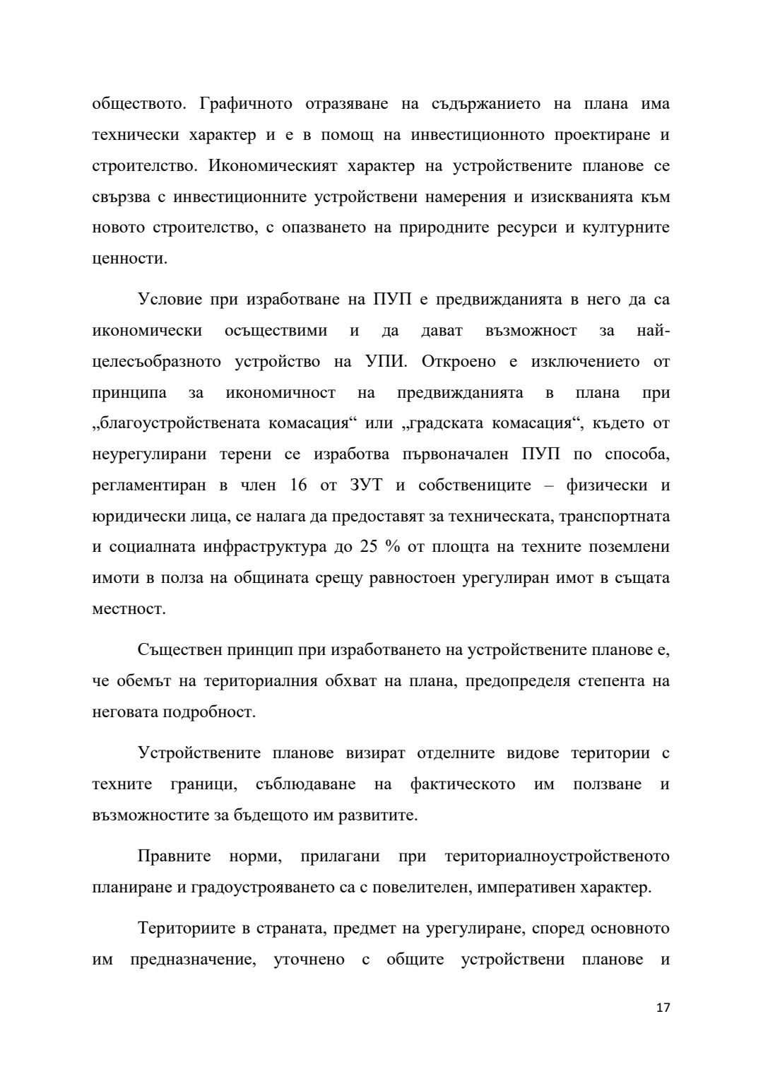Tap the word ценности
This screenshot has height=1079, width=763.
129,259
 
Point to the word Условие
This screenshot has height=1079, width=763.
169,300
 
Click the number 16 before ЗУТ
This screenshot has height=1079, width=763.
300,485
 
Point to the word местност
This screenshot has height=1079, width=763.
129,609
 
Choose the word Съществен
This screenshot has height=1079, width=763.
176,650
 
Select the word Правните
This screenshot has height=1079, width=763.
175,856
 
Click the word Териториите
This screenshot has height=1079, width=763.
185,928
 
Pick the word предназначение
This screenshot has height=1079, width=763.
193,960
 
